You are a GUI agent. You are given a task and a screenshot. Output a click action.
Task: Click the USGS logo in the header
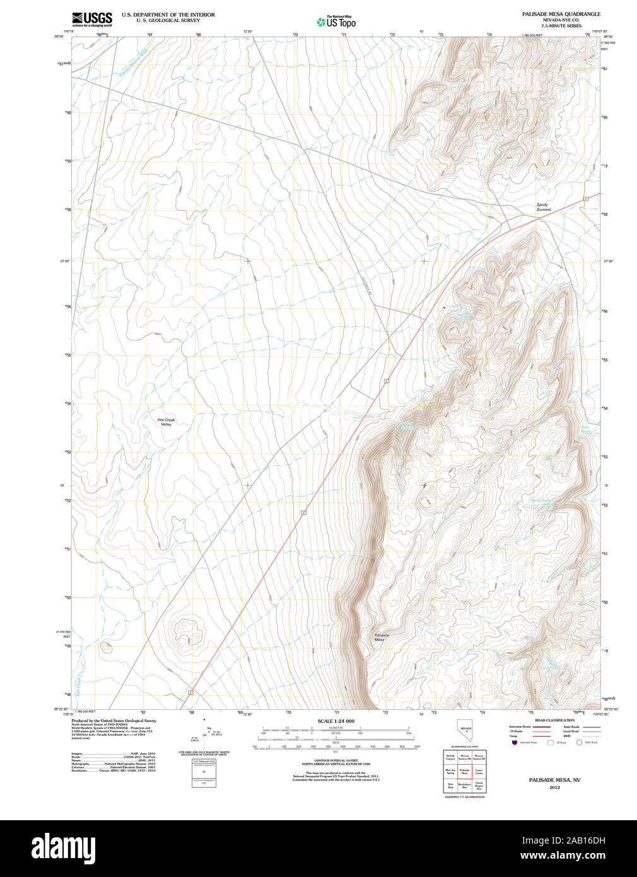pos(92,18)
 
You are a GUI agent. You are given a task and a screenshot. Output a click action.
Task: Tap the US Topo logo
pos(336,22)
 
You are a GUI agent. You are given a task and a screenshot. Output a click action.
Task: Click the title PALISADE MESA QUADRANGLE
pos(552,14)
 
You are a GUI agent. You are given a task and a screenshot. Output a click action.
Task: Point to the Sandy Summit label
pos(543,207)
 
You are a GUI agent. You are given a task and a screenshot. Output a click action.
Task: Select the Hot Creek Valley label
pos(166,422)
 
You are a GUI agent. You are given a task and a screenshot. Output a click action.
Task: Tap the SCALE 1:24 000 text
pos(336,721)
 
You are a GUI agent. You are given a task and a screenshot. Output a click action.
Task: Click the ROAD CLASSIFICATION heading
pos(554,720)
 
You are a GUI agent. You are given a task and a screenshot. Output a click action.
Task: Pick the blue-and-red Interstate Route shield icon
pos(515,743)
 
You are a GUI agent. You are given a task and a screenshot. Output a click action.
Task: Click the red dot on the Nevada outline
pos(467,734)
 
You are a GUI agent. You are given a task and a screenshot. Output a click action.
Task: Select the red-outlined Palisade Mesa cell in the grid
pos(465,771)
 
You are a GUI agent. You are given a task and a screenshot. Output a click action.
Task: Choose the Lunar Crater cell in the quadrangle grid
pos(479,771)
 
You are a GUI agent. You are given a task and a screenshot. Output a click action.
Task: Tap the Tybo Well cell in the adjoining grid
pos(450,786)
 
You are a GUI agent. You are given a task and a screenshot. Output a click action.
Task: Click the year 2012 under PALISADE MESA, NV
pos(554,787)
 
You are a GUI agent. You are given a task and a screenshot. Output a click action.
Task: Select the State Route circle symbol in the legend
pos(579,743)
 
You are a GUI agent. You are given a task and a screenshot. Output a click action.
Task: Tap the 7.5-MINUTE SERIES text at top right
pos(552,26)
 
